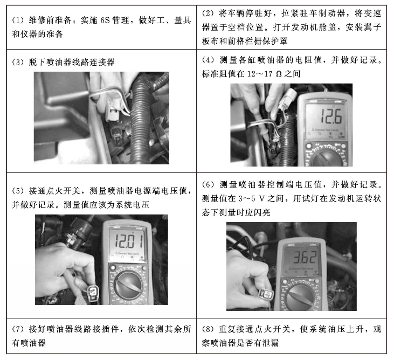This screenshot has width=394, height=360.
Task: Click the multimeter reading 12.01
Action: (x=128, y=240)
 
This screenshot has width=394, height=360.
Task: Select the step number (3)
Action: (x=17, y=63)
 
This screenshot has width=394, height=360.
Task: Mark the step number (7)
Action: (x=17, y=329)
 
